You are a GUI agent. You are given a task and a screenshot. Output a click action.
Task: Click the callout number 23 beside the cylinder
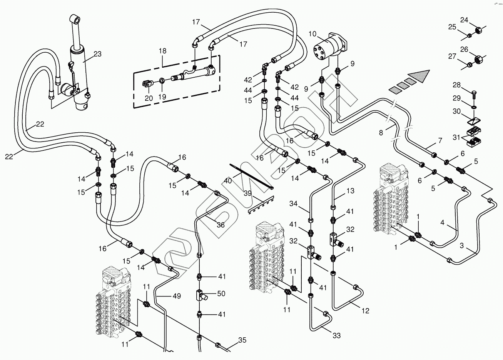tap(97, 54)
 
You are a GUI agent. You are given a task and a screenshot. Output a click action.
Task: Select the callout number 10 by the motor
tap(312, 34)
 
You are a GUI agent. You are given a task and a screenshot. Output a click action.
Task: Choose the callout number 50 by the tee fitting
tap(221, 294)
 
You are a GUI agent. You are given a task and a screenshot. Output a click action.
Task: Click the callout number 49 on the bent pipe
tap(177, 297)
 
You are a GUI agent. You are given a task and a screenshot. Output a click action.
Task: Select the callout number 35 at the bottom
tap(242, 340)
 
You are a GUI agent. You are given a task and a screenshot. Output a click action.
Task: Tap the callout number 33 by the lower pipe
tap(337, 336)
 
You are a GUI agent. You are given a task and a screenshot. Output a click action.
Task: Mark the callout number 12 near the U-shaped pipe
tap(365, 311)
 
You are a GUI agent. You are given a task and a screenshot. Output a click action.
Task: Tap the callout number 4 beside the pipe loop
tap(443, 222)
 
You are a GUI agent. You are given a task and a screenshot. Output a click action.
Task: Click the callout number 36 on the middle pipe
tap(221, 225)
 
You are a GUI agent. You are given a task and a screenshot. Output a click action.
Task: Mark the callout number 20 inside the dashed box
tap(149, 98)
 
